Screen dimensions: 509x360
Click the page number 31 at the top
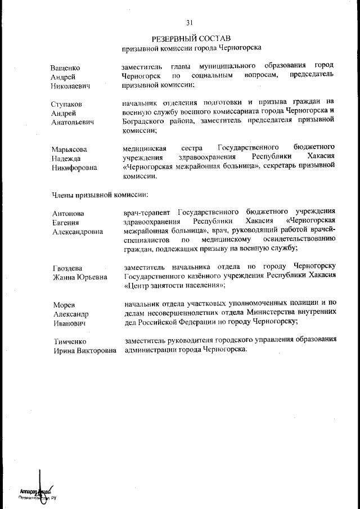[x=190, y=22]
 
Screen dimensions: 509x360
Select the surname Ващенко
[x=65, y=67]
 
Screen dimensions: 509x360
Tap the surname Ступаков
[x=67, y=104]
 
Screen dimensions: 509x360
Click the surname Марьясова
[x=69, y=149]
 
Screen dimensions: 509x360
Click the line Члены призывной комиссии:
[x=100, y=195]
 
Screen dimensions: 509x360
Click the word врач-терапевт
[x=147, y=212]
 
